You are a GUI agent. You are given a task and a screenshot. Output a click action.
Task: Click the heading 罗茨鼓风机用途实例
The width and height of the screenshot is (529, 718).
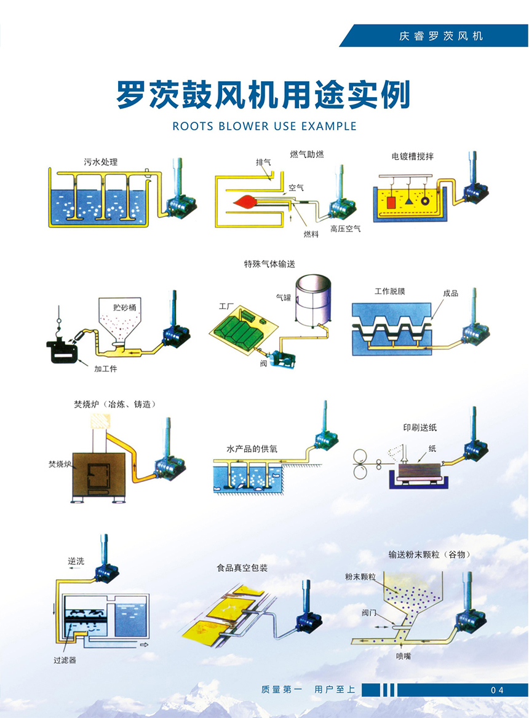click(263, 95)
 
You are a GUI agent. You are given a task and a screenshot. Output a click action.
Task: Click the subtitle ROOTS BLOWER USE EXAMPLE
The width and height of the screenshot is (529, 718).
click(264, 126)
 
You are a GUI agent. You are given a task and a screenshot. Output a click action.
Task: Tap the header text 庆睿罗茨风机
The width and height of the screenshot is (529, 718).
click(440, 36)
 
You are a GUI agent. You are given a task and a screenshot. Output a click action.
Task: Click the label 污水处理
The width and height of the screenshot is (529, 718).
click(100, 162)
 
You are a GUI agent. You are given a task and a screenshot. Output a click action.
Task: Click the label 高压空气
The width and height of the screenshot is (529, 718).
click(345, 229)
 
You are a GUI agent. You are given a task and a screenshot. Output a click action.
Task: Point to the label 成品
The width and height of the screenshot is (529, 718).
click(450, 293)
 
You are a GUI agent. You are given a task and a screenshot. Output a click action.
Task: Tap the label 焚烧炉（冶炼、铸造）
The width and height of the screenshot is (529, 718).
click(114, 404)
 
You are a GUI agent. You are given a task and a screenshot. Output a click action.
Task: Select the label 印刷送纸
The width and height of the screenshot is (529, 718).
click(420, 427)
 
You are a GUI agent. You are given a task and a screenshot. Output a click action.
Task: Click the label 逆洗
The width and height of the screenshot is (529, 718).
click(76, 561)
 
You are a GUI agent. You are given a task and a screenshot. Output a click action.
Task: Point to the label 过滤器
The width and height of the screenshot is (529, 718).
click(65, 661)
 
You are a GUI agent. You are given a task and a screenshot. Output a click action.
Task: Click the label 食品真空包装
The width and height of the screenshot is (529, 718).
click(242, 567)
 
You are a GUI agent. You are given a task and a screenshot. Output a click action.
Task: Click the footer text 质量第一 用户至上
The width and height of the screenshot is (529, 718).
click(308, 690)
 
